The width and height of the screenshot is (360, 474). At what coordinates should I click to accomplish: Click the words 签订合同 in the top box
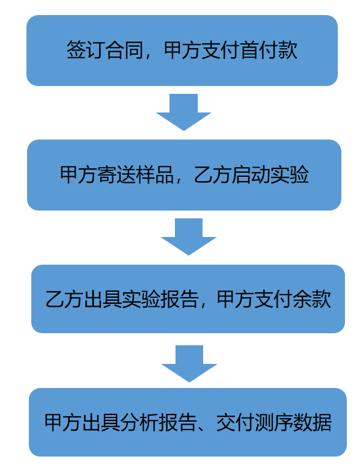pyautogui.click(x=105, y=50)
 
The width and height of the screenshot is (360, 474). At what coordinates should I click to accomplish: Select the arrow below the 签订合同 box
pyautogui.click(x=183, y=112)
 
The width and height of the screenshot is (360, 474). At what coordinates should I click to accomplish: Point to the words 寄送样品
pyautogui.click(x=136, y=174)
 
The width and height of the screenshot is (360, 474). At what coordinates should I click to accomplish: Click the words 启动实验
pyautogui.click(x=270, y=174)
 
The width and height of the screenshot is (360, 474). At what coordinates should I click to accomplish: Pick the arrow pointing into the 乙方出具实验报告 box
pyautogui.click(x=189, y=236)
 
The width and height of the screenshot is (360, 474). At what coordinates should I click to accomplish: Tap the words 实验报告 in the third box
pyautogui.click(x=160, y=300)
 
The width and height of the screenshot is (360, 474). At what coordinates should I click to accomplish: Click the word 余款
pyautogui.click(x=312, y=300)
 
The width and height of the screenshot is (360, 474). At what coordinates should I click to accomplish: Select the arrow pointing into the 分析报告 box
pyautogui.click(x=189, y=364)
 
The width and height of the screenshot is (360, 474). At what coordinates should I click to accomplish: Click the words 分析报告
pyautogui.click(x=159, y=422)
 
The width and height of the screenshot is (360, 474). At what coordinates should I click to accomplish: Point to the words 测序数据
pyautogui.click(x=293, y=422)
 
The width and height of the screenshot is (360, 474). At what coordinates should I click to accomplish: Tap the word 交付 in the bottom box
pyautogui.click(x=235, y=422)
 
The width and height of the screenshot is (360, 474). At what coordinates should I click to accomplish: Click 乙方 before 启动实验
pyautogui.click(x=212, y=174)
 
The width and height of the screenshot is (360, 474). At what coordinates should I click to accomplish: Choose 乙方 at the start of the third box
pyautogui.click(x=65, y=300)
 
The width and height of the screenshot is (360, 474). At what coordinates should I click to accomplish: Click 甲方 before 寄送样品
pyautogui.click(x=79, y=174)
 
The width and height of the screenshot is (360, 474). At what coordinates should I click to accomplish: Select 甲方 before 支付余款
pyautogui.click(x=236, y=300)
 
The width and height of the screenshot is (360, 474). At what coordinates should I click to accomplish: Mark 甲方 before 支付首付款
pyautogui.click(x=183, y=50)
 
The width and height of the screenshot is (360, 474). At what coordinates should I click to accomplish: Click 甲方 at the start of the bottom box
pyautogui.click(x=63, y=422)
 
